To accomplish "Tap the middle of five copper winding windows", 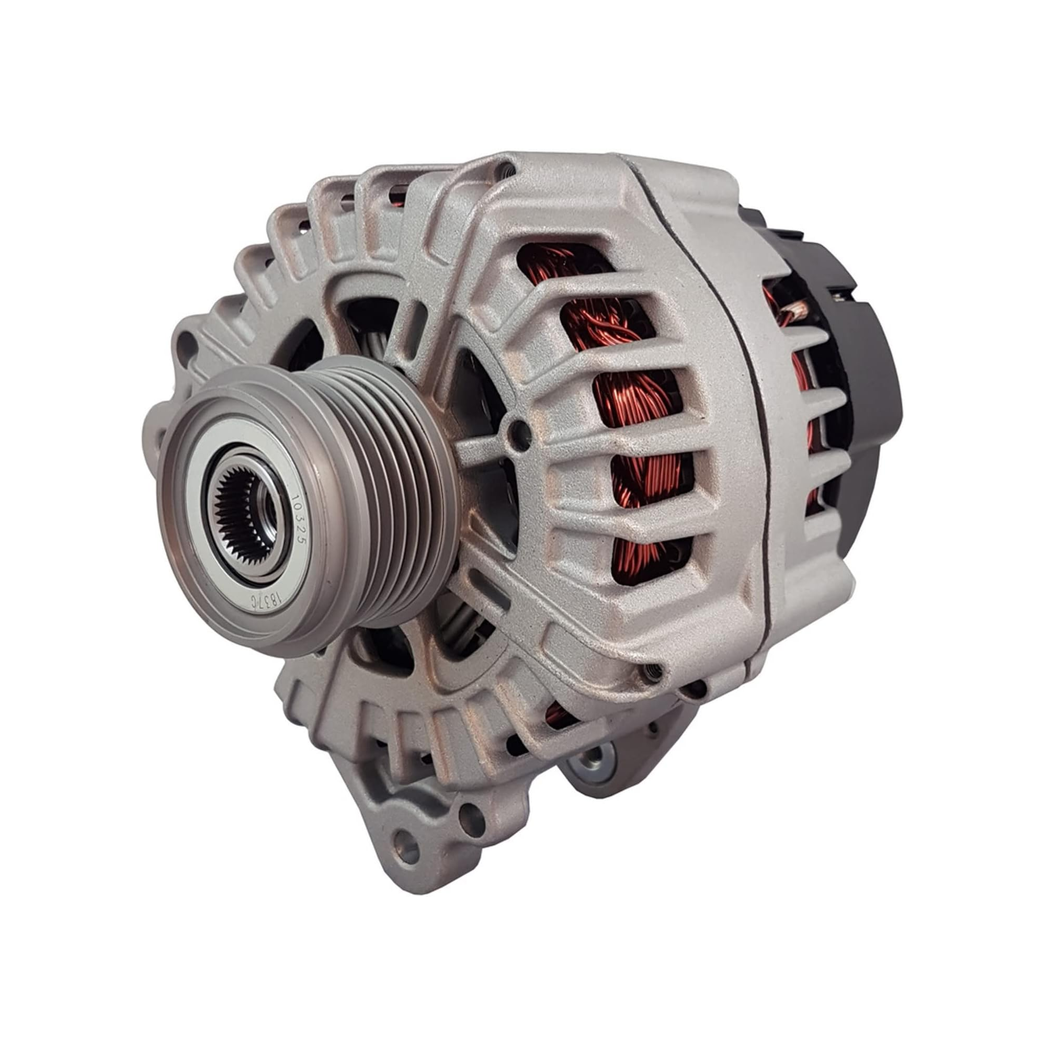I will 639,401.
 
